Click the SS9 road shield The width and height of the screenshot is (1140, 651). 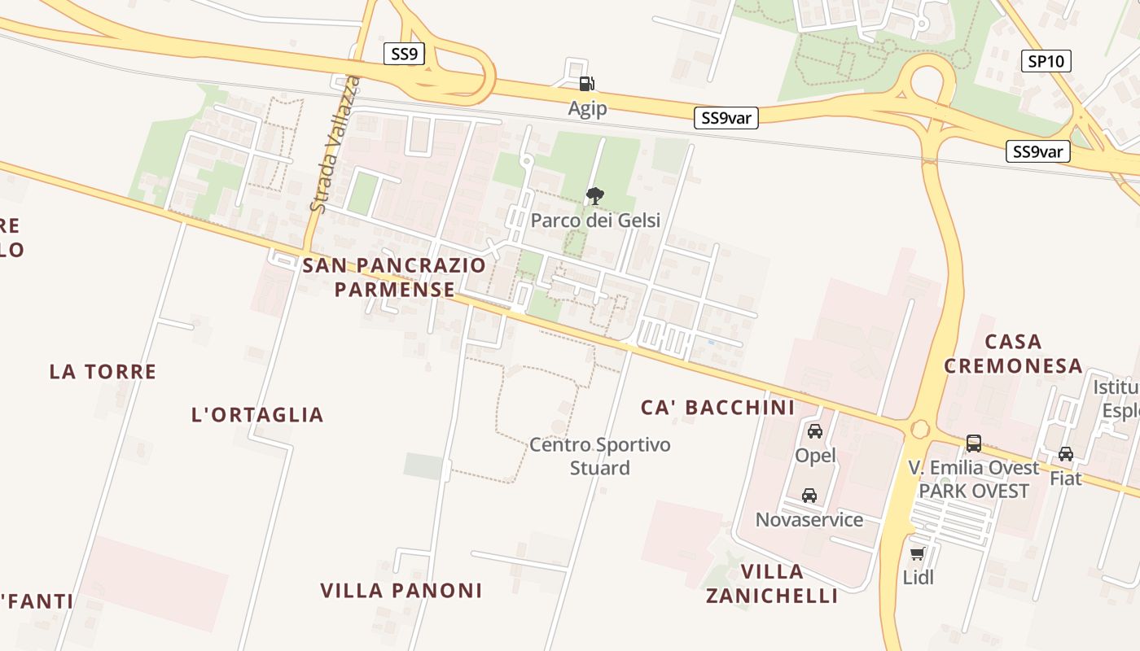click(404, 55)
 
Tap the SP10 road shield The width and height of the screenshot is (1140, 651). click(1046, 61)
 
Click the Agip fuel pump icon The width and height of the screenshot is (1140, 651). click(586, 84)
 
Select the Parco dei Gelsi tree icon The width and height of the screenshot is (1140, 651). click(595, 195)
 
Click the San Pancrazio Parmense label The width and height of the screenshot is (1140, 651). click(394, 277)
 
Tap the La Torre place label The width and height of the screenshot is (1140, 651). click(103, 372)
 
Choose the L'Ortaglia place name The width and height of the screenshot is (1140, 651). click(257, 415)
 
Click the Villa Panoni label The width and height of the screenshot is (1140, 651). click(401, 591)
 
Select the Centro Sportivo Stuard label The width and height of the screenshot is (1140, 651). click(600, 456)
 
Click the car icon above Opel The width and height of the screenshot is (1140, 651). click(815, 431)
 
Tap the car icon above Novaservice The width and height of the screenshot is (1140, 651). click(809, 495)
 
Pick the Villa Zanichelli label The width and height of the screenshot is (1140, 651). click(772, 583)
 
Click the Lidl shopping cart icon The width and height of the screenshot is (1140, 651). click(918, 554)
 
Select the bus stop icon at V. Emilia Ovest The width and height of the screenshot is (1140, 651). click(974, 443)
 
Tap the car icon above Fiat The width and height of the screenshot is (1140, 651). click(1065, 454)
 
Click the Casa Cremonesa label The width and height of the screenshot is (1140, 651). click(1014, 353)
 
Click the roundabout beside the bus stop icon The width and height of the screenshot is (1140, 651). click(921, 428)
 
